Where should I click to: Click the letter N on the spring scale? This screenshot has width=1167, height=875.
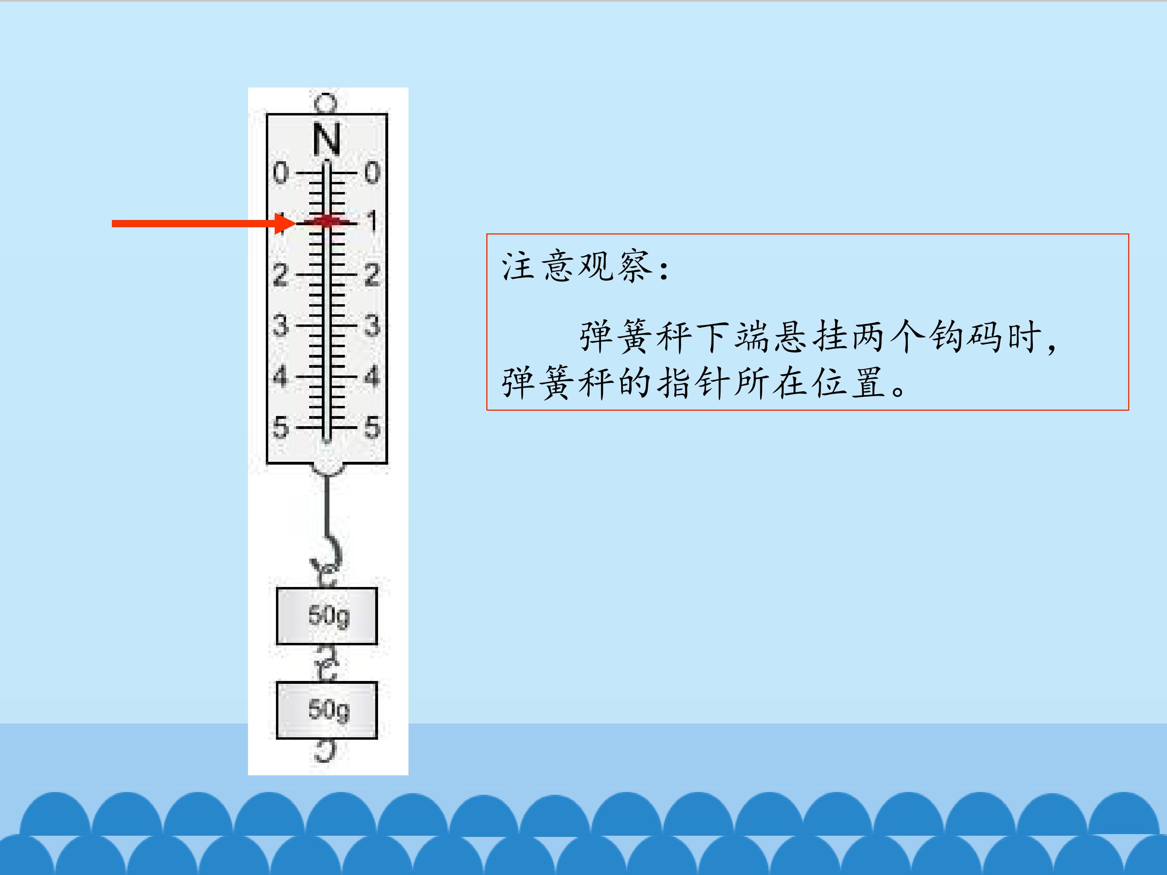click(327, 139)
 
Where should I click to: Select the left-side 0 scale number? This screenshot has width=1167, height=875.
click(281, 173)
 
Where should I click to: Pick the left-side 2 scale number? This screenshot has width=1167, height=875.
click(281, 275)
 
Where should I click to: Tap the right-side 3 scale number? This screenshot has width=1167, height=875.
click(372, 325)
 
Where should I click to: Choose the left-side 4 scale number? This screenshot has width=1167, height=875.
click(281, 376)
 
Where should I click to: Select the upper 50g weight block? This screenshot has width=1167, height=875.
click(327, 615)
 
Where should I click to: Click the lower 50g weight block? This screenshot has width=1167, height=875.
click(327, 710)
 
